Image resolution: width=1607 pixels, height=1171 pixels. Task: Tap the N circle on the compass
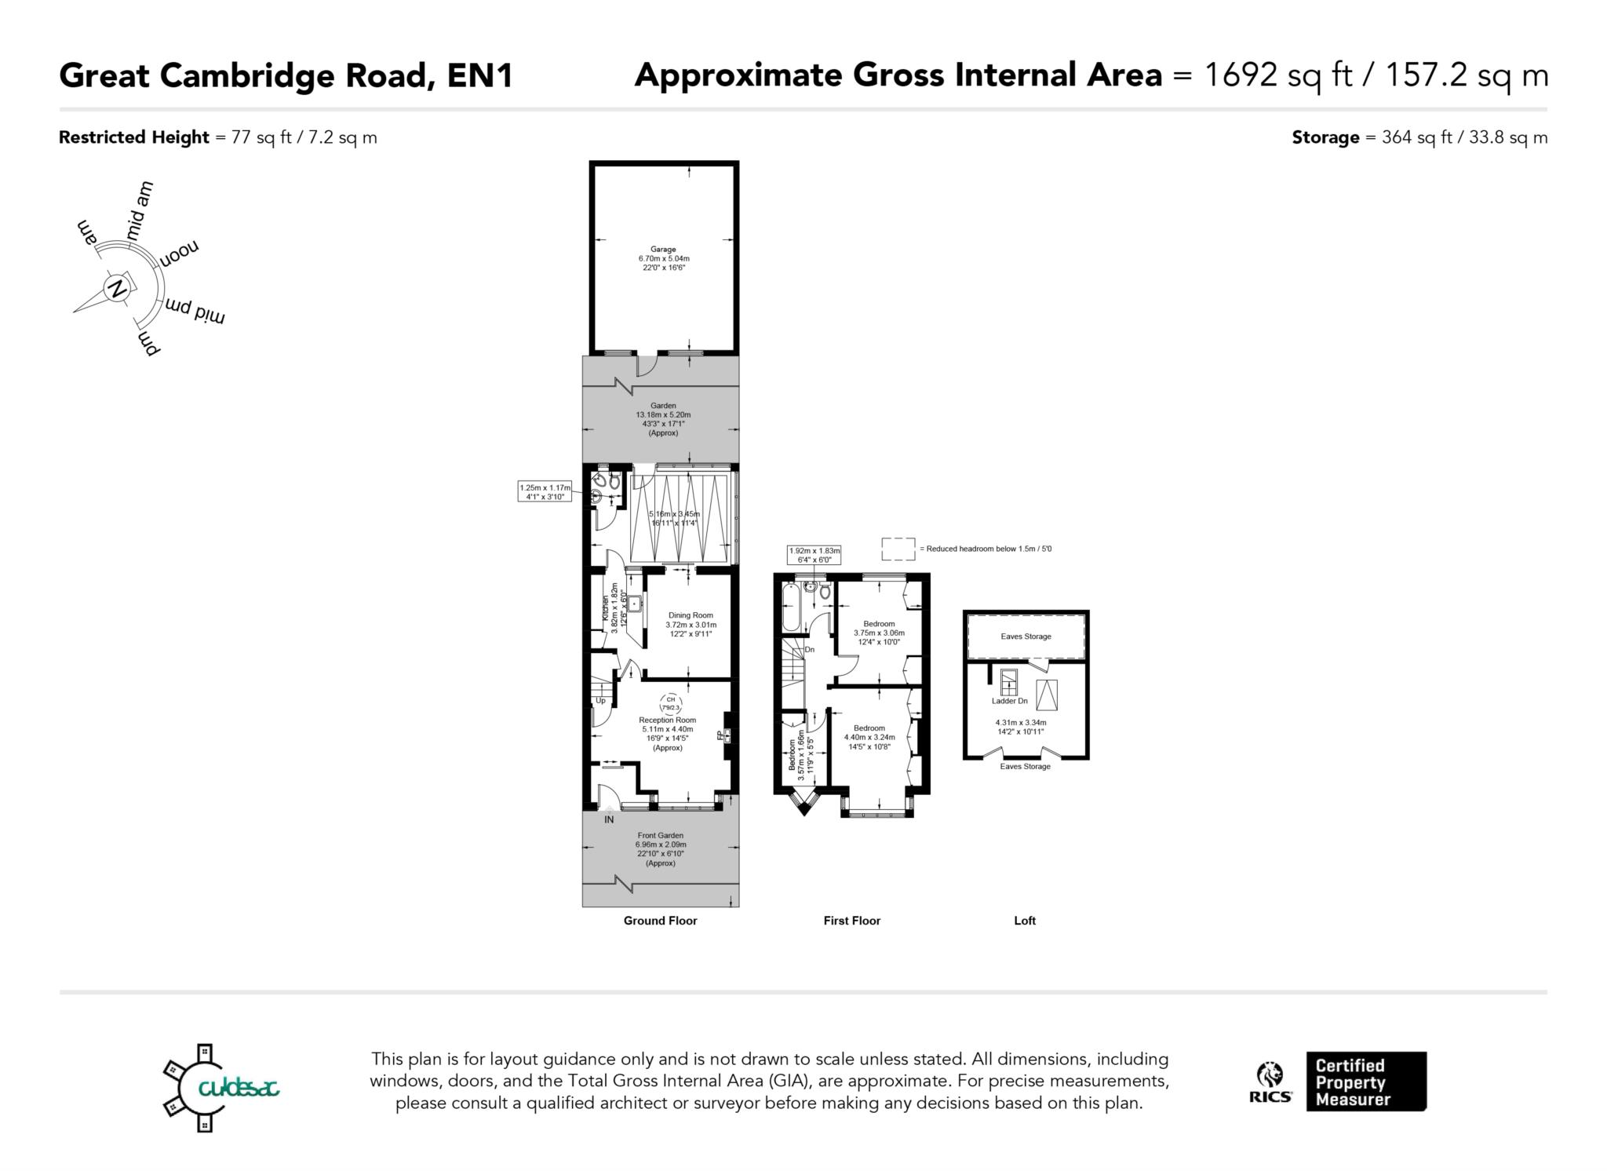coord(118,287)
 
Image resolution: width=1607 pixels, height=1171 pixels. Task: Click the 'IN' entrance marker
coord(609,819)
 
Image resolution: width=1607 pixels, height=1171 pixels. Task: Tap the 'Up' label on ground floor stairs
coord(600,700)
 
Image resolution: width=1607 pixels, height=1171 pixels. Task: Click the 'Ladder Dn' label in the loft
coord(1009,701)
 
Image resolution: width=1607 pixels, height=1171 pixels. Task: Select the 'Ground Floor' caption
coord(660,921)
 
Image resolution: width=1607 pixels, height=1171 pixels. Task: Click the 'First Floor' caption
coord(851,921)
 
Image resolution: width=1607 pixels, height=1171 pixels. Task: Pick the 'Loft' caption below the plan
coord(1025,921)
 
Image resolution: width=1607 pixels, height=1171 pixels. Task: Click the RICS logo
coord(1270,1082)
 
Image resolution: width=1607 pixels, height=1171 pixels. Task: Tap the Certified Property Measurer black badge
coord(1366,1082)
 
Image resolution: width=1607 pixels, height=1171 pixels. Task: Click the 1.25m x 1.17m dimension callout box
coord(545,491)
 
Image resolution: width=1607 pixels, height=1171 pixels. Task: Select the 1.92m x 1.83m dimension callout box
coord(814,555)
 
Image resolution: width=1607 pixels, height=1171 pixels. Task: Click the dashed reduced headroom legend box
coord(898,549)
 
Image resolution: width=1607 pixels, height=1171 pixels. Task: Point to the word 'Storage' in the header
coord(1325,137)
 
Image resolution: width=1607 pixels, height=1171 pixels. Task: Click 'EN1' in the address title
coord(479,75)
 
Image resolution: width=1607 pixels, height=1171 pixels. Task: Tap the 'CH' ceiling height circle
coord(670,702)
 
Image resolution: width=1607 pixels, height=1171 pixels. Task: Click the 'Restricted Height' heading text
coord(134,137)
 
